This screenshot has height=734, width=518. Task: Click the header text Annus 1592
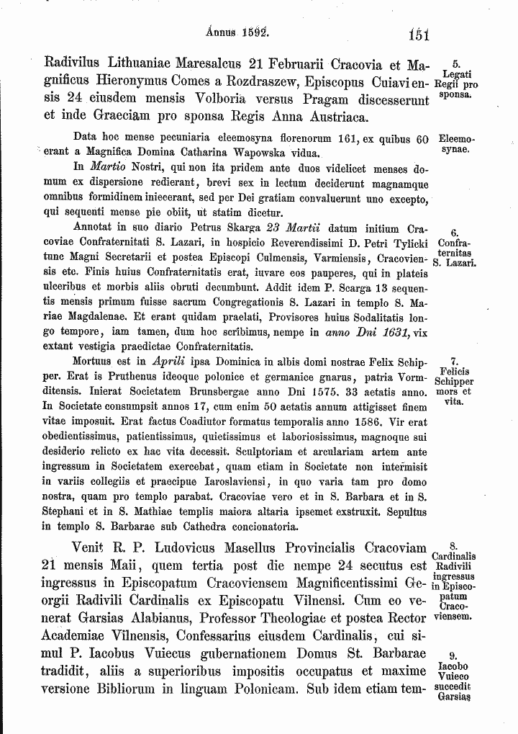tap(237, 32)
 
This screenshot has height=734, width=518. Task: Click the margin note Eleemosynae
tap(456, 144)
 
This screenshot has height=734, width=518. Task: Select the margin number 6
tap(455, 233)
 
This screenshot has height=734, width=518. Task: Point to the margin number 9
tap(454, 656)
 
